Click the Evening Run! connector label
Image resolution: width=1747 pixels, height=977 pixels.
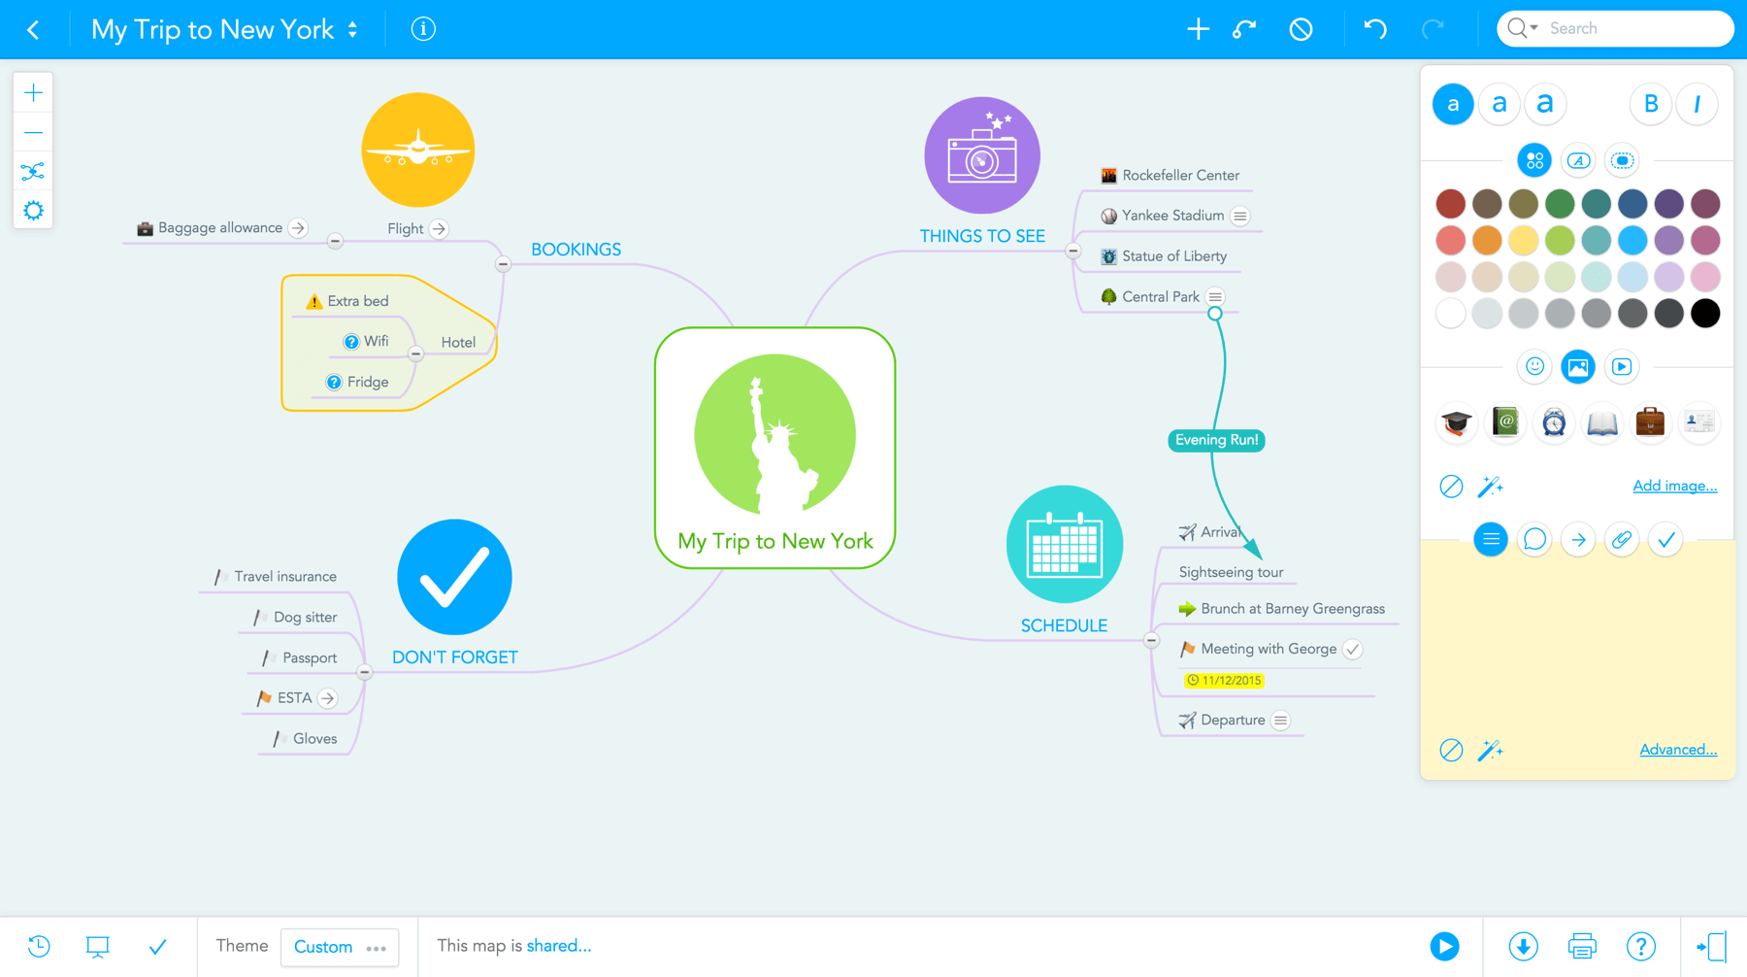[1216, 440]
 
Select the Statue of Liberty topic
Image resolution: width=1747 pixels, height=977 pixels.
[1173, 256]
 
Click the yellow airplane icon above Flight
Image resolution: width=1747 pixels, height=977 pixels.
[418, 150]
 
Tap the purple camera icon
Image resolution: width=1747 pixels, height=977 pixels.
[981, 155]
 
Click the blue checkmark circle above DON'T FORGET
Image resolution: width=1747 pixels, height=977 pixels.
[454, 577]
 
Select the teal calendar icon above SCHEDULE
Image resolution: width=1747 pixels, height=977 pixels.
[1064, 544]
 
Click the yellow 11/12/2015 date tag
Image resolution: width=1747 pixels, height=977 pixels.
[1224, 680]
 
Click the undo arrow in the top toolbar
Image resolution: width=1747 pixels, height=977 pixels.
[1374, 29]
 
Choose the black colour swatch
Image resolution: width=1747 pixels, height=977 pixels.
[1704, 313]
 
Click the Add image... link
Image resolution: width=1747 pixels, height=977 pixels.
[1674, 486]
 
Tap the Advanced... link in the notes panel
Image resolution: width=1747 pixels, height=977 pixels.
[1677, 750]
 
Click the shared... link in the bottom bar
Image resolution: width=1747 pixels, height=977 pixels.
[558, 946]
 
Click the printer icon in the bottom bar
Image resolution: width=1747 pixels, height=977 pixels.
[1581, 946]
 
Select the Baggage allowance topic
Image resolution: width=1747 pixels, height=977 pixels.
[219, 228]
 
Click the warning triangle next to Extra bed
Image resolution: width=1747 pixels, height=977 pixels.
[313, 301]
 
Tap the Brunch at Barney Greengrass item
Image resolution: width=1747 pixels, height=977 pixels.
[1292, 609]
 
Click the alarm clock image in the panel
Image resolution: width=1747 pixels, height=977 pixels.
[1553, 422]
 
